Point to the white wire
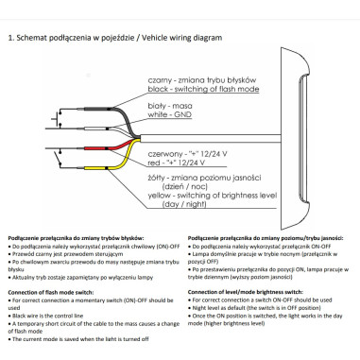point(94,128)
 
